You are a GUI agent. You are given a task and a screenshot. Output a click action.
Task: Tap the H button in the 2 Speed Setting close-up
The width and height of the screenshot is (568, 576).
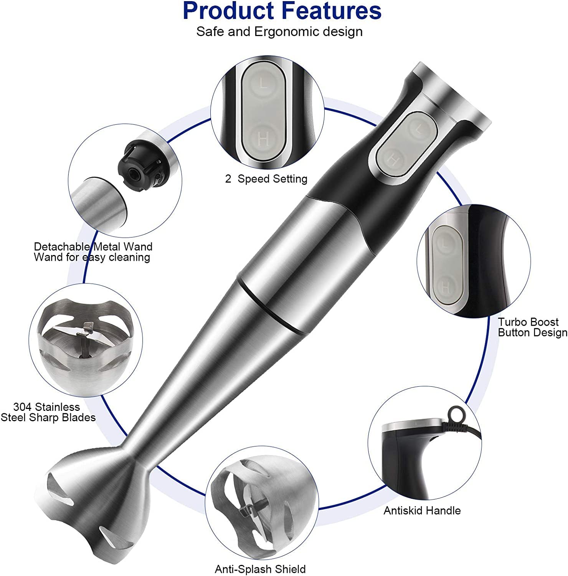pos(263,138)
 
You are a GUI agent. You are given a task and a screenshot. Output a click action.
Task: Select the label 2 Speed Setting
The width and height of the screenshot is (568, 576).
pos(266,179)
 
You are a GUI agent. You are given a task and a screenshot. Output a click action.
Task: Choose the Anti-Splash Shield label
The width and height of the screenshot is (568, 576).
pos(260,569)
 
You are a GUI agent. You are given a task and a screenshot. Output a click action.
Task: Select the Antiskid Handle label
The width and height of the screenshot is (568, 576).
pos(422,510)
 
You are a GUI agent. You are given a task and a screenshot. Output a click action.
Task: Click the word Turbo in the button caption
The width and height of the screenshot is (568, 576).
pos(513,322)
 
